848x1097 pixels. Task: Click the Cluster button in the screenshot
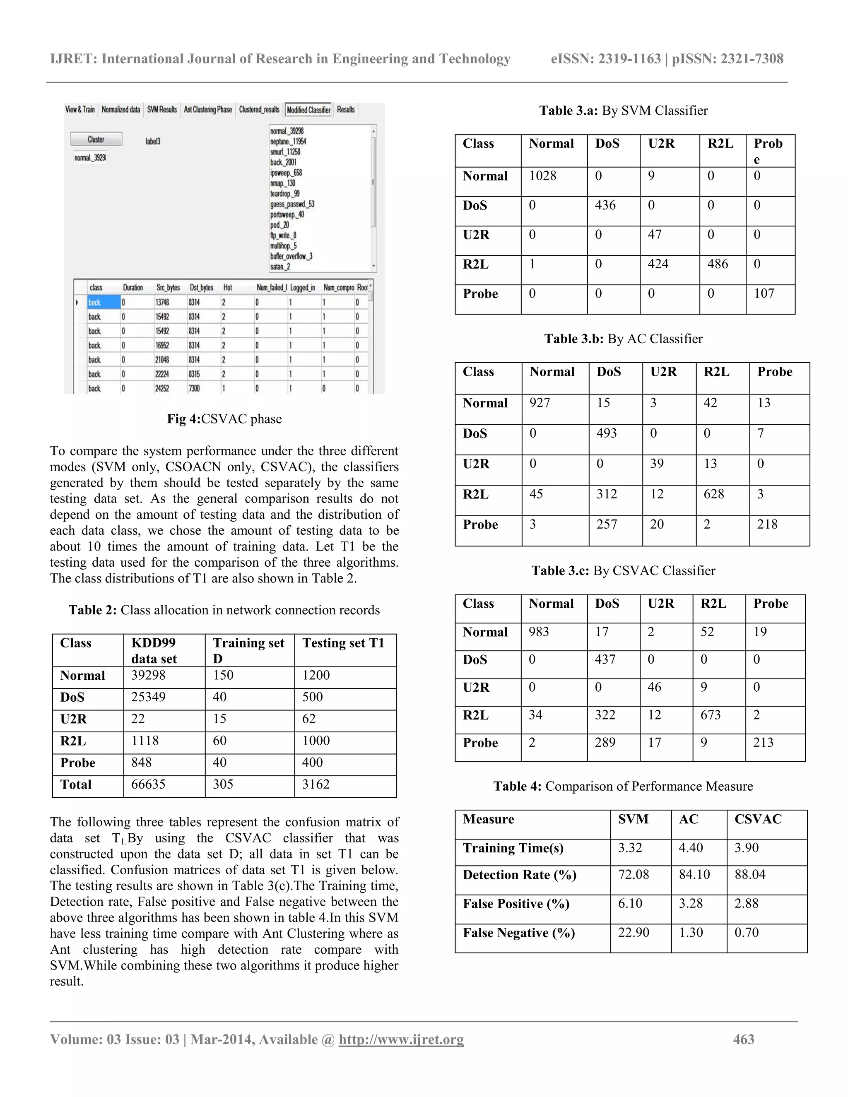point(96,139)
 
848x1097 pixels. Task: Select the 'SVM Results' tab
point(162,110)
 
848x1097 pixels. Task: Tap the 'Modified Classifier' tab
point(308,110)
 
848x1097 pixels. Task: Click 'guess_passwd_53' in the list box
point(292,204)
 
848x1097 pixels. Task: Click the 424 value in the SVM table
point(658,264)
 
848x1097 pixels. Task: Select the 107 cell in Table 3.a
point(764,293)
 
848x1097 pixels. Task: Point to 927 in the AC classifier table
point(540,403)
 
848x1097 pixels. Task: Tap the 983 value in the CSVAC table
point(539,632)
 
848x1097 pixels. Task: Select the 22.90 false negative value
point(634,933)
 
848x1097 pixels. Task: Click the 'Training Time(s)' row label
point(513,848)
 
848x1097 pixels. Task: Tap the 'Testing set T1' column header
point(343,643)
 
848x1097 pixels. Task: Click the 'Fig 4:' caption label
point(183,419)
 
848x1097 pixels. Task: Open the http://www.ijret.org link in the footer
point(401,1039)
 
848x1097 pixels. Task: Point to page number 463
point(744,1039)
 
